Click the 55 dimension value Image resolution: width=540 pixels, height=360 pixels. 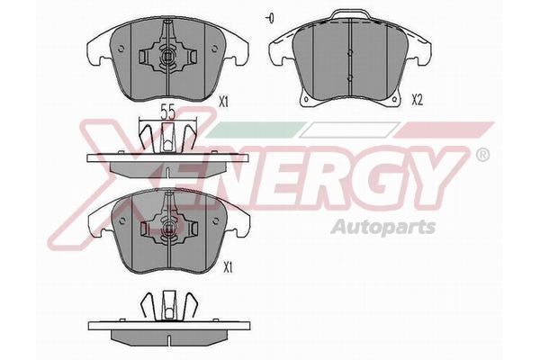click(168, 112)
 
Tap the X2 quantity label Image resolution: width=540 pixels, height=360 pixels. click(417, 100)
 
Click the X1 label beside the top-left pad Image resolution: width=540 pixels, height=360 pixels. click(224, 102)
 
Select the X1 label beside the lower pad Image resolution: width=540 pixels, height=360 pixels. click(228, 267)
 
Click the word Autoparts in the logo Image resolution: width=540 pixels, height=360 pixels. click(383, 228)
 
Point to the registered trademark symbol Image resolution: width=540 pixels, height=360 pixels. click(482, 155)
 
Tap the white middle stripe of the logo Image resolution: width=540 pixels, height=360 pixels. click(349, 130)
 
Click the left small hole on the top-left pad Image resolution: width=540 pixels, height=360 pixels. click(121, 49)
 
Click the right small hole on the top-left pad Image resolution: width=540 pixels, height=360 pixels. click(215, 49)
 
